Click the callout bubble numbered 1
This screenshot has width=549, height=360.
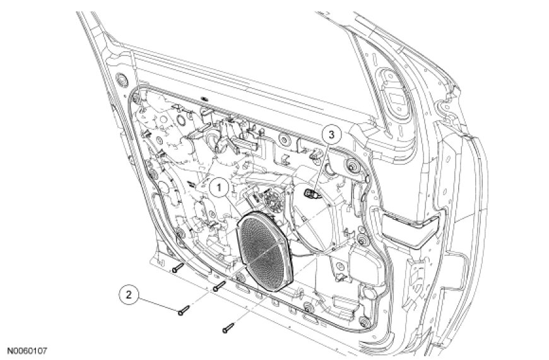[x=219, y=188]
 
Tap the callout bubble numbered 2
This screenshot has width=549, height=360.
[x=129, y=295]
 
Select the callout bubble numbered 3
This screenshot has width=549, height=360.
[x=331, y=135]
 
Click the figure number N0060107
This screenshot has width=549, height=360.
[x=27, y=351]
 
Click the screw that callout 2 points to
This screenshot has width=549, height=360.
[x=184, y=310]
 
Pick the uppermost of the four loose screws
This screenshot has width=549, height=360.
[x=178, y=268]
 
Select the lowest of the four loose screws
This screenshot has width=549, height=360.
[x=228, y=328]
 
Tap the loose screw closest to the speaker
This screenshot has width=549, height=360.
[x=220, y=286]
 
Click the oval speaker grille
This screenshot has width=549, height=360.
[x=265, y=251]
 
